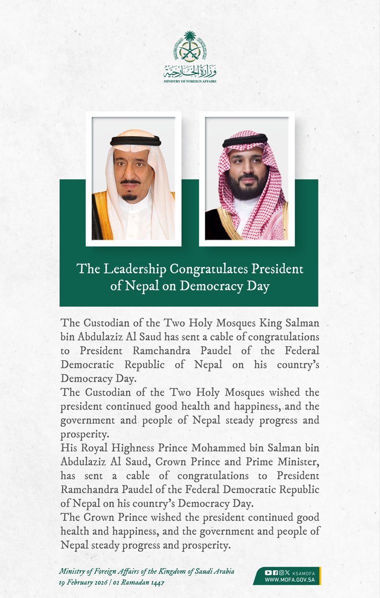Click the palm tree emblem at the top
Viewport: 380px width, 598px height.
(190, 47)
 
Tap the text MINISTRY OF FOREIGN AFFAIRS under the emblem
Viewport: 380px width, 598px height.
(190, 80)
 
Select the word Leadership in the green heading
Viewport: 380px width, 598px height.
(130, 269)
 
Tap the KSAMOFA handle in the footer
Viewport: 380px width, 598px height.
(302, 572)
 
